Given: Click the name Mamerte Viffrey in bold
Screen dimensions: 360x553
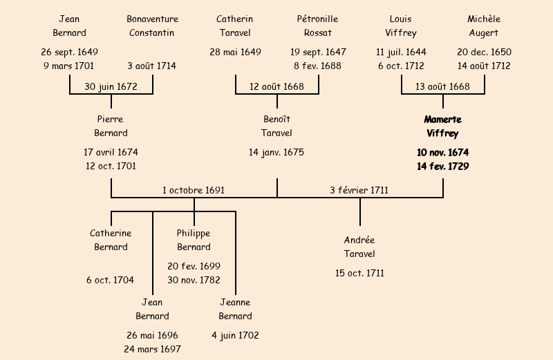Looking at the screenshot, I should pos(442,126).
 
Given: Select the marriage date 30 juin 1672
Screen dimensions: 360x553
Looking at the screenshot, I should pos(111,86).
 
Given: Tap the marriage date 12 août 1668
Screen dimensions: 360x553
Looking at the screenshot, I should pos(276,86).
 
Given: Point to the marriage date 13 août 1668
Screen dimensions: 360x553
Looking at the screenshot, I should pos(442,86).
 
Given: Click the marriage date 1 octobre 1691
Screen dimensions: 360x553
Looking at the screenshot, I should pos(194,190).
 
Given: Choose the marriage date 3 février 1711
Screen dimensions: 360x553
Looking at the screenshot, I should pos(359,190).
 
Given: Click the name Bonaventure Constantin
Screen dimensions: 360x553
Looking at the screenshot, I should pos(152,26).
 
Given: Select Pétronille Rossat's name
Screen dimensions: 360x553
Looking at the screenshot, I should pos(318,26).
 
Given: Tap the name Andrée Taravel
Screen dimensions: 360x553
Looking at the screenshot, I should pos(359,247).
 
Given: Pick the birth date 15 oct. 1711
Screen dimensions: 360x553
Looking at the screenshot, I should pos(359,273).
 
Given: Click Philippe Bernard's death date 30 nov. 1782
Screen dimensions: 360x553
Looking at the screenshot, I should pos(194,280).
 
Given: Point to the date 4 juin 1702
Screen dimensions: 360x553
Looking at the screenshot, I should pos(235,335).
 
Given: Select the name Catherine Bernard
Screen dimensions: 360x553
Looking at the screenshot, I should pos(111,240).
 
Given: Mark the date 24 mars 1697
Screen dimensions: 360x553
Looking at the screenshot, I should pos(152,349).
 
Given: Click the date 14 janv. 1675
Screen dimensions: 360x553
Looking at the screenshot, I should pos(276,152).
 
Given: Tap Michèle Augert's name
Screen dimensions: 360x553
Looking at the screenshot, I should pos(484,26).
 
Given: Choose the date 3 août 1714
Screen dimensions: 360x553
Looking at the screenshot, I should pos(152,66).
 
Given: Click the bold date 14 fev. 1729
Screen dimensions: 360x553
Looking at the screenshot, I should pos(442,166).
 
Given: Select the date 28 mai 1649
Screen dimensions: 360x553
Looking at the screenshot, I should pos(235,52).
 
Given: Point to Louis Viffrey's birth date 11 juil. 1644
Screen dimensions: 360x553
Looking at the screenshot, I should pos(401,52).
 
